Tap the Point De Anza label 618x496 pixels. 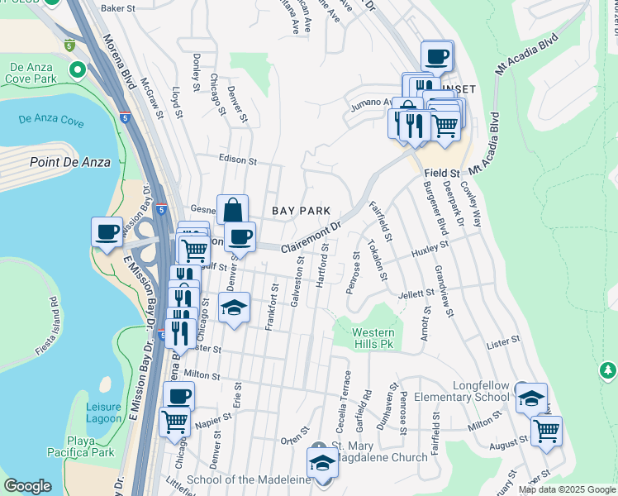69,162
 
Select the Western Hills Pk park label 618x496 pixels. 374,338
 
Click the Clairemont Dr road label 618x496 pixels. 311,238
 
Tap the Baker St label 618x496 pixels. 116,8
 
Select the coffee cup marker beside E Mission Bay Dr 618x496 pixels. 107,232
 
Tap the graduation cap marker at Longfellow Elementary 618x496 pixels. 531,398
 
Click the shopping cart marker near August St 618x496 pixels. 546,431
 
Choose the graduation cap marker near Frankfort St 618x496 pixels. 235,309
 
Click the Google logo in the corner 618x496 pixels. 27,486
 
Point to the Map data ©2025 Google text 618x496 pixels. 566,489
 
